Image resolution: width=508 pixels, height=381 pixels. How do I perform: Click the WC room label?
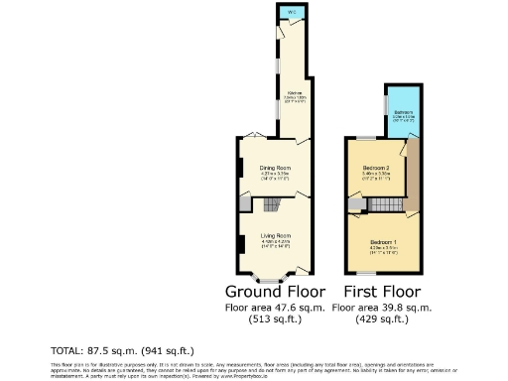tap(292, 12)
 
